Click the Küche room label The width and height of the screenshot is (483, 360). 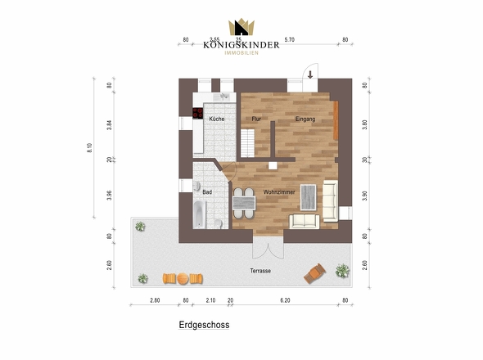coord(217,119)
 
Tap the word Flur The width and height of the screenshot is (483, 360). coord(255,119)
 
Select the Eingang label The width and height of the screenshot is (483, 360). coord(305,119)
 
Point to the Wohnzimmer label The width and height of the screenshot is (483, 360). coord(279,191)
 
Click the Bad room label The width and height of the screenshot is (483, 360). coord(207,191)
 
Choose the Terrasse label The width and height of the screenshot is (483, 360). coord(260,271)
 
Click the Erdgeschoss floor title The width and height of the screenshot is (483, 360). coord(204,325)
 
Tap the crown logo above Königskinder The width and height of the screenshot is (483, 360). coord(241,29)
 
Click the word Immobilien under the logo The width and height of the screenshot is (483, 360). coord(241,54)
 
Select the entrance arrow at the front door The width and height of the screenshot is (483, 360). coord(311,74)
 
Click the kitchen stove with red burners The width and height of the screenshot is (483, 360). coord(198,114)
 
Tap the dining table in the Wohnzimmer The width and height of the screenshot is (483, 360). coord(242,200)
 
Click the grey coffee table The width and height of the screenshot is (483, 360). coord(309,196)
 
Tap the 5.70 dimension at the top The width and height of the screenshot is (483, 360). coord(289,39)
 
